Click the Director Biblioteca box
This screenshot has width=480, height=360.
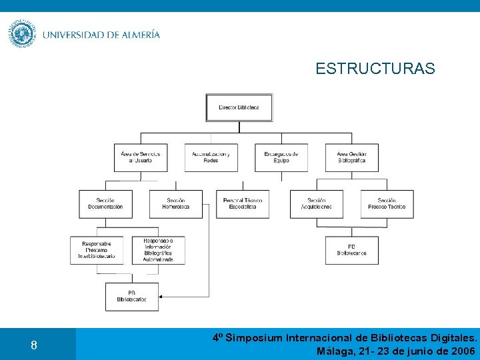[239, 107]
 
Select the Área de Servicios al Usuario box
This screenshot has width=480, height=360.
[140, 157]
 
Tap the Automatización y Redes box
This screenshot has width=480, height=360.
[211, 157]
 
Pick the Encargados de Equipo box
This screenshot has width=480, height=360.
[281, 157]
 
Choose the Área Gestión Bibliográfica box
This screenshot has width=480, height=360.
[351, 157]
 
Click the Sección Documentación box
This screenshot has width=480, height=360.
[105, 204]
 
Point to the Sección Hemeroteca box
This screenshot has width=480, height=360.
[175, 204]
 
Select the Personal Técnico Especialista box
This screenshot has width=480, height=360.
[243, 204]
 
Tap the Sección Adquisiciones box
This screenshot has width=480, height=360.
[316, 204]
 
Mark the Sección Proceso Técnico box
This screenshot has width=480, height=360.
[387, 204]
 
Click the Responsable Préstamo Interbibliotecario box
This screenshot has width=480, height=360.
[97, 250]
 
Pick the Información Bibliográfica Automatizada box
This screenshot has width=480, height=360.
[158, 250]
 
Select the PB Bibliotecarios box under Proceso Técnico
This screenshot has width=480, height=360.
[351, 250]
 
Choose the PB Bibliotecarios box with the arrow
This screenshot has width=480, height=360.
[132, 297]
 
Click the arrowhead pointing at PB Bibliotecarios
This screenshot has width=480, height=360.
[163, 297]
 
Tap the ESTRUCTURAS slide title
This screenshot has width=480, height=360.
[375, 69]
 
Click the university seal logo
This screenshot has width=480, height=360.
[21, 34]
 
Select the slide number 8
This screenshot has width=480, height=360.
[33, 345]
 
